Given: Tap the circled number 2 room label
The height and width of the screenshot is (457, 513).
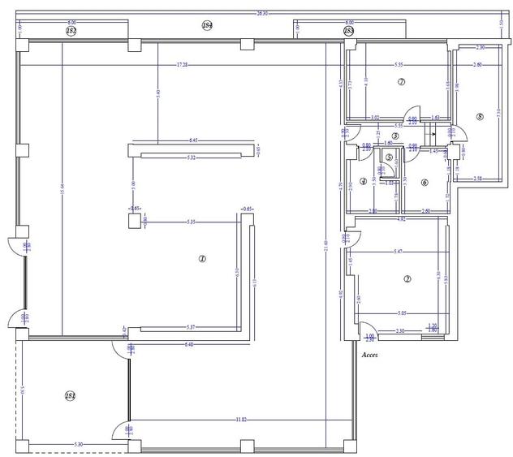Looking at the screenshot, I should (x=407, y=278).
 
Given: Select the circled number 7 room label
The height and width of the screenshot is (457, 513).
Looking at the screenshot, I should (x=401, y=82).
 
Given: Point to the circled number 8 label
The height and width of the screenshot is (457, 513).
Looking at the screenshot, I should (x=481, y=117).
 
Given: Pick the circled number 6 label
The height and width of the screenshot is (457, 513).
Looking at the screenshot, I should (x=425, y=182).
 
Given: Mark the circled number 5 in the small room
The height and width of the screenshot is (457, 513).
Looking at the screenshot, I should (x=389, y=157).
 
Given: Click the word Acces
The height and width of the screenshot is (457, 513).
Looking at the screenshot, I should (x=369, y=355).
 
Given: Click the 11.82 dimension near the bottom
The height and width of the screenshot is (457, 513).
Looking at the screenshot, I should (x=241, y=420).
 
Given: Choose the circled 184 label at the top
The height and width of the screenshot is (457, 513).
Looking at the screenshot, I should (x=207, y=26).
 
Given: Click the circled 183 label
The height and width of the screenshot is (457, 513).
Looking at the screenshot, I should (x=348, y=31).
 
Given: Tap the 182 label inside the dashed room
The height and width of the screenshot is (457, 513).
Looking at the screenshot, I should (x=71, y=395).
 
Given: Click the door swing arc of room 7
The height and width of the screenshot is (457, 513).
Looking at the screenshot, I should (x=414, y=114).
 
